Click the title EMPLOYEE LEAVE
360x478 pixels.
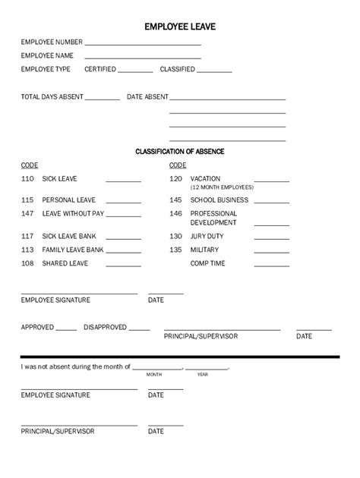click(x=180, y=27)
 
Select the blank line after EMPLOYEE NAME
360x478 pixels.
click(x=142, y=58)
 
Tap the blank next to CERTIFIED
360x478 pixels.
click(x=136, y=71)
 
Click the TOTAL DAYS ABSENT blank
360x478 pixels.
click(x=103, y=99)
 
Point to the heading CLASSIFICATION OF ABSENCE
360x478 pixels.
click(x=180, y=152)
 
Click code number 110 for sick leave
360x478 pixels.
click(x=28, y=179)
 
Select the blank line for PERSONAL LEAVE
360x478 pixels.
click(x=123, y=203)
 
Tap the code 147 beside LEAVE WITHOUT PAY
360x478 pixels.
click(x=28, y=214)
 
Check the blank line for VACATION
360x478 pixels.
click(x=271, y=181)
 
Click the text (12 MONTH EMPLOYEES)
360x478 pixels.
click(x=222, y=187)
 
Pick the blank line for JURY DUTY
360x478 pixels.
click(x=271, y=239)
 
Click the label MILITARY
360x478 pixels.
click(x=205, y=250)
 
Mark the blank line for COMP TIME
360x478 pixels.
click(x=271, y=266)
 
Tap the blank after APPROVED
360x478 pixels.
click(x=66, y=329)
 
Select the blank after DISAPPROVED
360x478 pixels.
click(x=140, y=329)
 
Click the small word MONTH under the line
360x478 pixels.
click(x=154, y=375)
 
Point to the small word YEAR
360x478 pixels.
click(x=203, y=375)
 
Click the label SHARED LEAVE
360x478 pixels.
click(x=65, y=263)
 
